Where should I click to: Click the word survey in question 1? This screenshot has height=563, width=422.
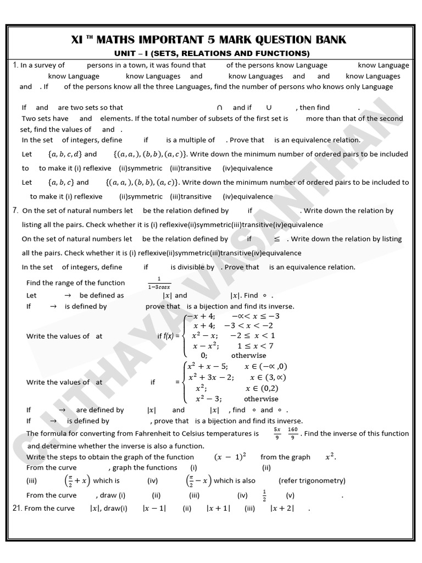tap(52, 65)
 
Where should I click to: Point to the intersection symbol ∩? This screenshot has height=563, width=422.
tap(220, 108)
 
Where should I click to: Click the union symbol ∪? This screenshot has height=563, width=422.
tap(269, 108)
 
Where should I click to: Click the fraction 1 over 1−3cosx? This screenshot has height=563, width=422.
tap(159, 283)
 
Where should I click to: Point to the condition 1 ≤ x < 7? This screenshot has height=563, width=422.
tap(256, 346)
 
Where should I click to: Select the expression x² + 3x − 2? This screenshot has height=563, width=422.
tap(211, 377)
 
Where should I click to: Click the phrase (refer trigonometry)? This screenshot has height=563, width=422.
tap(312, 481)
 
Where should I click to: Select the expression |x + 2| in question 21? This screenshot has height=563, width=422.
tap(282, 509)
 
